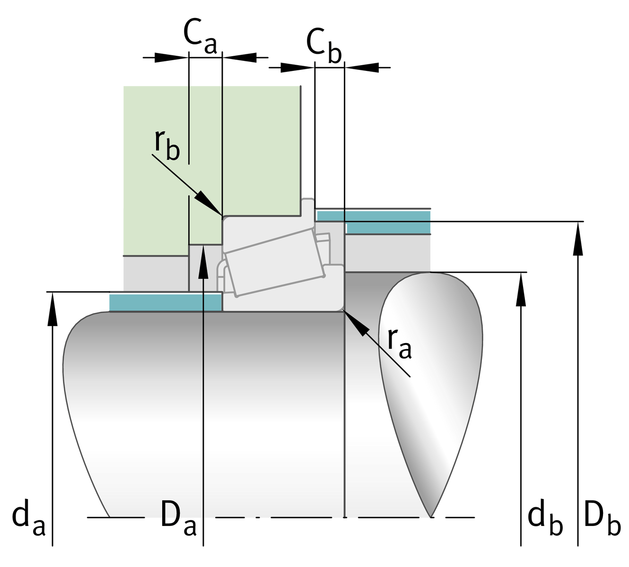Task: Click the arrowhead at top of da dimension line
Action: pyautogui.click(x=52, y=307)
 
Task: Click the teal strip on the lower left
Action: pyautogui.click(x=165, y=302)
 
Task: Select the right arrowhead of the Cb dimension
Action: pyautogui.click(x=364, y=68)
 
